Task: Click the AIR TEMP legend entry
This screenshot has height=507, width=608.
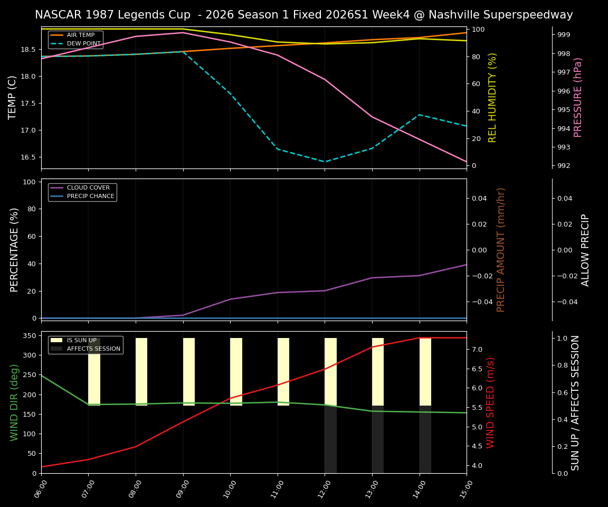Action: pos(80,35)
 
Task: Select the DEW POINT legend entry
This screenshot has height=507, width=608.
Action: pos(83,44)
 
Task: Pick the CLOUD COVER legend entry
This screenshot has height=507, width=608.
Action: pos(88,188)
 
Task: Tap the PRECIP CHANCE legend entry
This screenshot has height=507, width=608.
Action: pos(90,196)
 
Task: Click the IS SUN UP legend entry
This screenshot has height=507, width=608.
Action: pos(81,341)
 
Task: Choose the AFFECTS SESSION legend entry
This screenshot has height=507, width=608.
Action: pos(93,349)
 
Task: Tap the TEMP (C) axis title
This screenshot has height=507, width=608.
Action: pos(13,97)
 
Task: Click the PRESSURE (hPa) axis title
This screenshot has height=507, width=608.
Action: pos(578,97)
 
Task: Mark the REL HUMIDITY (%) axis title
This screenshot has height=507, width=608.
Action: pos(492,97)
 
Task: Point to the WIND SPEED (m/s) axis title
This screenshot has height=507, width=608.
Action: pos(490,402)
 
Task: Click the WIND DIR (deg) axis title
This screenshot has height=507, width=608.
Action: pos(15,402)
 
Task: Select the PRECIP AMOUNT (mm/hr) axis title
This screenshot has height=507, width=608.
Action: pos(501,249)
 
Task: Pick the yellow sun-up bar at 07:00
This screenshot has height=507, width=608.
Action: pos(94,372)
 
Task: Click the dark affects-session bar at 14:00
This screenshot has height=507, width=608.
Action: pos(425,439)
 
